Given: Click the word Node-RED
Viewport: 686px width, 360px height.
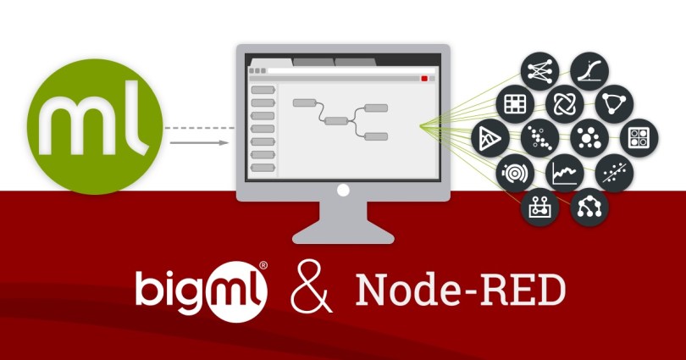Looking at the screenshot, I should (460, 291).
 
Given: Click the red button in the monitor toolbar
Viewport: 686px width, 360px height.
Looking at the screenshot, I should (424, 78).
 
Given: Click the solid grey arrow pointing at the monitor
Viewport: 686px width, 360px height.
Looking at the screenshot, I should (200, 142).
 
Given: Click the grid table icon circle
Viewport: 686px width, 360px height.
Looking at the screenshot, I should (514, 104).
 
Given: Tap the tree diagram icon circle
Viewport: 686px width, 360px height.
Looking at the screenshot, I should (586, 207).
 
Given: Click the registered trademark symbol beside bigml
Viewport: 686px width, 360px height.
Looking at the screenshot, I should (263, 265).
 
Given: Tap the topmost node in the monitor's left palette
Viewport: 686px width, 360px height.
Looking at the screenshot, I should (263, 89).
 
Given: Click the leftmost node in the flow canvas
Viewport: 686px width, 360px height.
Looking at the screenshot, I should (304, 102).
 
